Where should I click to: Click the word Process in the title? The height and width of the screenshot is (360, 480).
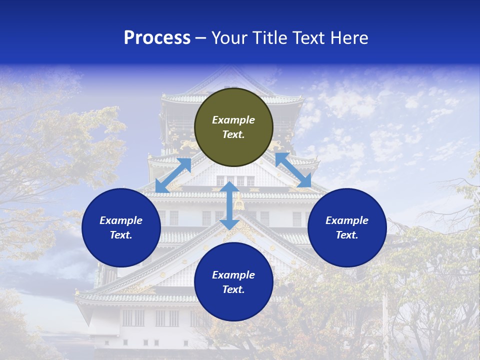157,38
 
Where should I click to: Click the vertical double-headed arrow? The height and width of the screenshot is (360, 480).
229,205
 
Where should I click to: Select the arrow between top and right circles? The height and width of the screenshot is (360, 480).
293,170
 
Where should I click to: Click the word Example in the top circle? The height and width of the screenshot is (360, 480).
233,120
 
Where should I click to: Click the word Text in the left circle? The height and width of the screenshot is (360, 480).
121,235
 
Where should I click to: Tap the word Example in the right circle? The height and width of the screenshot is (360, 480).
347,220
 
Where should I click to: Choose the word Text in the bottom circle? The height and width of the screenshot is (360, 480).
233,289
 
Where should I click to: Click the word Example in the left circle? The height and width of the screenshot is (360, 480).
121,220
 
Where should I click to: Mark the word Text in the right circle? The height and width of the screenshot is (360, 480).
347,235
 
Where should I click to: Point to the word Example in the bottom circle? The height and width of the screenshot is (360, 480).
233,275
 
